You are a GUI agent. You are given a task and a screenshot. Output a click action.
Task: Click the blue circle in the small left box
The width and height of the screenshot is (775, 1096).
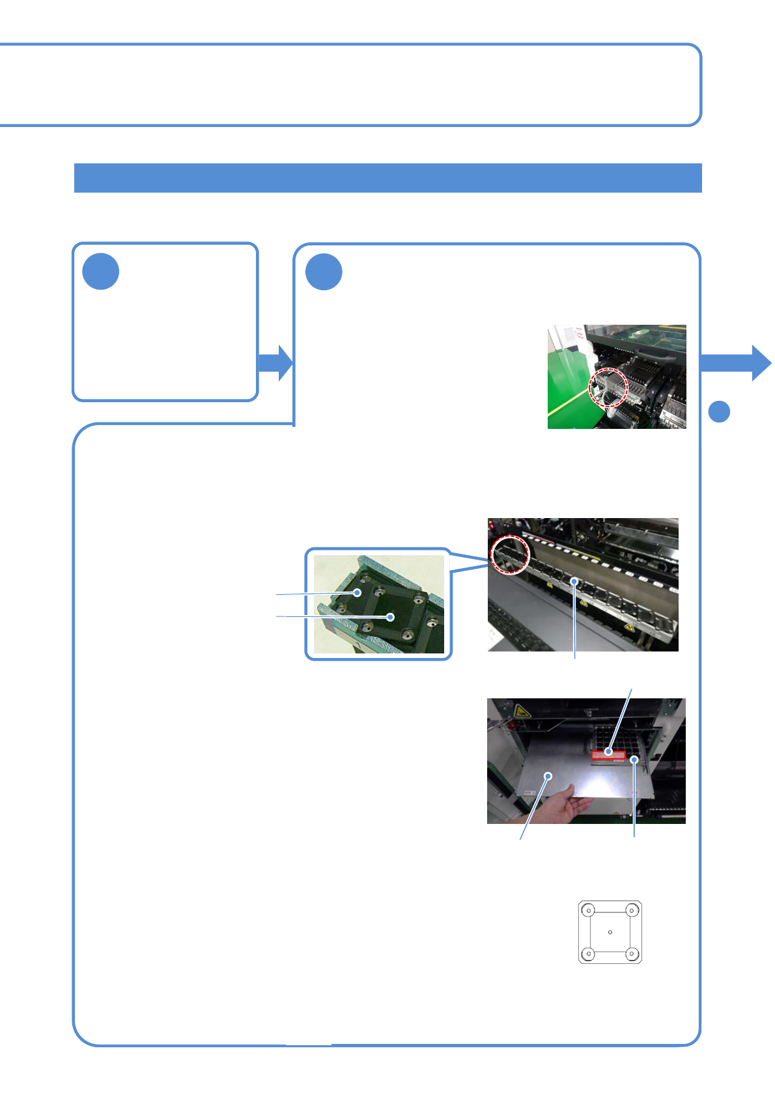(101, 271)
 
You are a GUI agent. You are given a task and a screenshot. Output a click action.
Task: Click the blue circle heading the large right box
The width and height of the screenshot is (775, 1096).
(324, 271)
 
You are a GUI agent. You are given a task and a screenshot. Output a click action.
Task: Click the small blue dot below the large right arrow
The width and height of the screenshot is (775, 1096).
(719, 411)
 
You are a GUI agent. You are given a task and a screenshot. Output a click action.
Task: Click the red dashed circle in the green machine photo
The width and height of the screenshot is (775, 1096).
(608, 387)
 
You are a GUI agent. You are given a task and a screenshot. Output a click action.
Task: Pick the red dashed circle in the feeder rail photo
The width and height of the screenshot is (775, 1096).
(510, 555)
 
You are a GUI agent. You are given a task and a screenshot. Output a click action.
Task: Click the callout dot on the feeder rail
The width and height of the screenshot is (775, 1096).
(574, 581)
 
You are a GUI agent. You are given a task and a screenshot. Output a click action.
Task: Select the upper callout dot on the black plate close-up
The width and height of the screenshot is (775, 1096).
(358, 592)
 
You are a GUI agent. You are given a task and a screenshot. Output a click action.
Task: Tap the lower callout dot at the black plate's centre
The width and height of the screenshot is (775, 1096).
(391, 616)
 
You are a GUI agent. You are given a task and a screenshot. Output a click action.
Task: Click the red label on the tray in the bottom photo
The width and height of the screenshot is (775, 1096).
(608, 755)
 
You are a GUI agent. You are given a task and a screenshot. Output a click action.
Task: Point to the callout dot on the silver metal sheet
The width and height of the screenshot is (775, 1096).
(549, 776)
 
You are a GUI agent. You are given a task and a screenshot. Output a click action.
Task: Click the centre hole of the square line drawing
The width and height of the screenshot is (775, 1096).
(610, 932)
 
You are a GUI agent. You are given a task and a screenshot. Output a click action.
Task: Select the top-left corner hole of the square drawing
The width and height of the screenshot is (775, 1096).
(589, 911)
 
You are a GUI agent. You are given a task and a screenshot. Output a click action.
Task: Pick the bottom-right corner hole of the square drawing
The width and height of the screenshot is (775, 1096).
(631, 954)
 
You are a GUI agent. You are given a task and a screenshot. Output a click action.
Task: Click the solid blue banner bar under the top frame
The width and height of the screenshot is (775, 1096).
(387, 178)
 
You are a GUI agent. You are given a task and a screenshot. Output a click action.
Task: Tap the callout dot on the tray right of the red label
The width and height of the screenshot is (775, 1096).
(634, 760)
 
